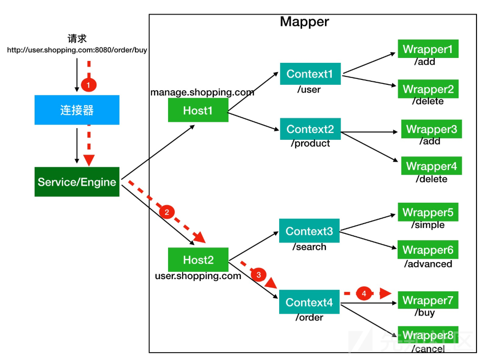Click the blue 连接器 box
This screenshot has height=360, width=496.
(x=77, y=110)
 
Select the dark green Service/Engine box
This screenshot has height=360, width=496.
(x=77, y=182)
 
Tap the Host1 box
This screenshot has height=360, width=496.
(x=198, y=111)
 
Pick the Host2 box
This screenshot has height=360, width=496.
(x=198, y=260)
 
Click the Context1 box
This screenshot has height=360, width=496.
(x=310, y=74)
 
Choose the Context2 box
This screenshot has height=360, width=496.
(x=310, y=129)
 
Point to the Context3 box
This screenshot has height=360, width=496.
(x=309, y=231)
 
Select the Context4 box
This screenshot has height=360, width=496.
(x=309, y=303)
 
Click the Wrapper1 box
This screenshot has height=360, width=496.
(x=428, y=49)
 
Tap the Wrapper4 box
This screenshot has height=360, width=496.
(x=431, y=166)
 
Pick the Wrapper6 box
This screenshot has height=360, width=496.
(x=428, y=250)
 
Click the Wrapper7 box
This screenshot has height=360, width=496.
(x=428, y=300)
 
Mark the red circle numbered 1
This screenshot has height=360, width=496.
(x=89, y=85)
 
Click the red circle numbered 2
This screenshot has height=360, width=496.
(x=167, y=212)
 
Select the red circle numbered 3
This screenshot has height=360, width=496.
(x=259, y=275)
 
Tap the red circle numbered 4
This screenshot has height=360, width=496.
(x=363, y=293)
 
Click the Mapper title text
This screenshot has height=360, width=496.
(x=305, y=22)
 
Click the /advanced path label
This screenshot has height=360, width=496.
(x=428, y=264)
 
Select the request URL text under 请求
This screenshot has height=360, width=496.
(x=77, y=50)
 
